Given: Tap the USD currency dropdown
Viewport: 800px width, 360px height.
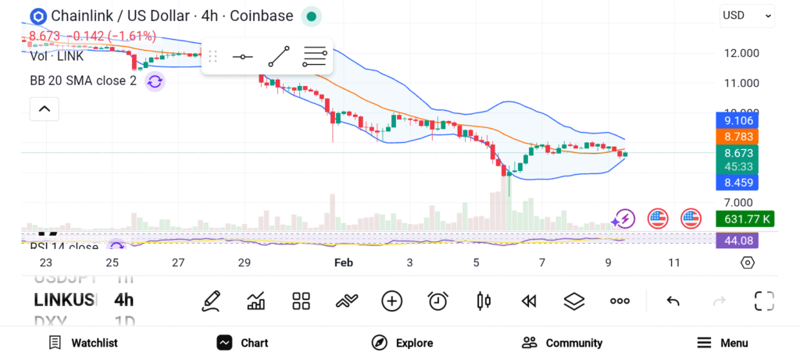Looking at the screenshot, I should [x=747, y=15].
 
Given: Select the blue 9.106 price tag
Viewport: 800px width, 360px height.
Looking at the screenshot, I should [x=737, y=121].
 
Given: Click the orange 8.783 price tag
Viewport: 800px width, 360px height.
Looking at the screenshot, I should [x=737, y=136].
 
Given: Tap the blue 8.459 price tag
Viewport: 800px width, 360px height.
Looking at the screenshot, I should [x=737, y=184].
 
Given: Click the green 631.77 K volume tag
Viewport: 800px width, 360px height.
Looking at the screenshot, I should [x=745, y=219].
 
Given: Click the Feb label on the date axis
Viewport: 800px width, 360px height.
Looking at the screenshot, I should [x=344, y=262].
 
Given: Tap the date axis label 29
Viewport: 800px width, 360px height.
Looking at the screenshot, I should [x=245, y=262].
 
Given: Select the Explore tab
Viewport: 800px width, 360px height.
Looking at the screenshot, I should [x=402, y=343].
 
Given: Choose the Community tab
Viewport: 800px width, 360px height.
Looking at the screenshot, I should [x=562, y=343].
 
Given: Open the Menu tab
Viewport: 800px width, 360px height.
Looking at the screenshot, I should [x=723, y=343].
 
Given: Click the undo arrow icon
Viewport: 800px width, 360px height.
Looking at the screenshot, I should [x=673, y=301].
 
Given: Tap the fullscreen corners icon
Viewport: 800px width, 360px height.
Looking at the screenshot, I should [x=763, y=301].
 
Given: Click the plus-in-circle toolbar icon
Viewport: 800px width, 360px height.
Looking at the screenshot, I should [x=391, y=301].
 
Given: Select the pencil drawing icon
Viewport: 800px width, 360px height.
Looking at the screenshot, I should [x=210, y=301].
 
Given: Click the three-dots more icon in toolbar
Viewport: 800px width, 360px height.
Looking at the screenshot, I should [x=620, y=301].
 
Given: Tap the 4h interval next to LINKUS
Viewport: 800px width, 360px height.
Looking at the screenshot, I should [x=123, y=300].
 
